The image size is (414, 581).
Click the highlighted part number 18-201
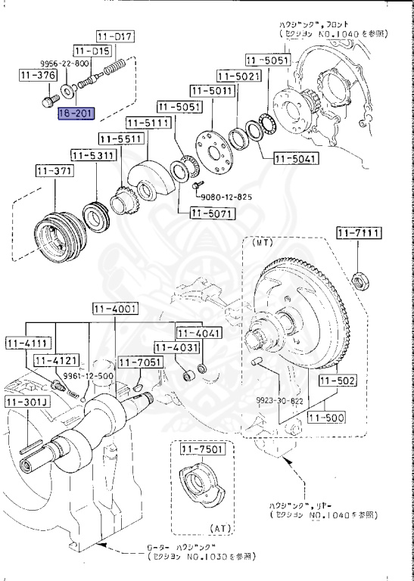(77, 113)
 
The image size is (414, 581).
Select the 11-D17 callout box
(115, 36)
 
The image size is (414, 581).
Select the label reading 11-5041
(297, 159)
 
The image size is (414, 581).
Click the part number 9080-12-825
(226, 197)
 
